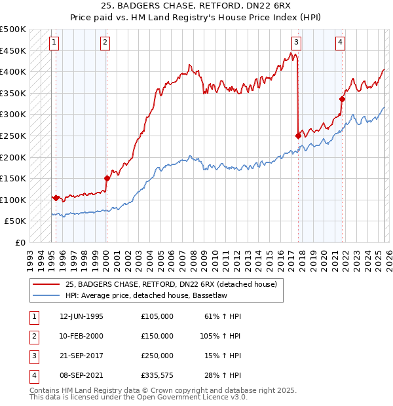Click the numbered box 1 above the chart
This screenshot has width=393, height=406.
(54, 43)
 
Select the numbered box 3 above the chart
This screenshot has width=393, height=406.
(296, 43)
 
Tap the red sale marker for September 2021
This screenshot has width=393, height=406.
(342, 100)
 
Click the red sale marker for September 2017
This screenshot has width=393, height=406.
(299, 136)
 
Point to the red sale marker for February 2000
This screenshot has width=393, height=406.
(106, 177)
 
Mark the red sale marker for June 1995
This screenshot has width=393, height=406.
(56, 197)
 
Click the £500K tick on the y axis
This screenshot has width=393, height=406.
(13, 29)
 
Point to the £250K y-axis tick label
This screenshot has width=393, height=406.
(13, 136)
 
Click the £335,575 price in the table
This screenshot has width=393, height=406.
(157, 375)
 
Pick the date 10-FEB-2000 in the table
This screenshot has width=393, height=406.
(81, 336)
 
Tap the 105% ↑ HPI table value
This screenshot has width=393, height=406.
(220, 336)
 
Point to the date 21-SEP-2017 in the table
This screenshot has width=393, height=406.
(81, 356)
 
